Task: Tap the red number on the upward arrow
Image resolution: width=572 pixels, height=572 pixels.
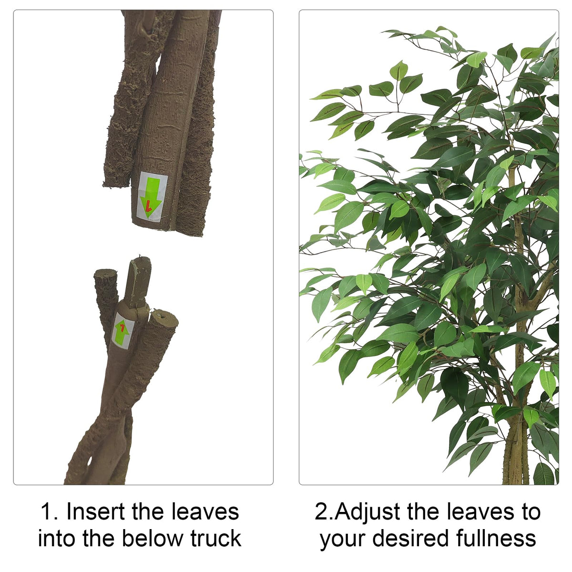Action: [x=122, y=327]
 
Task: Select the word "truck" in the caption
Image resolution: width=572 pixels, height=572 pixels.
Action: [x=216, y=539]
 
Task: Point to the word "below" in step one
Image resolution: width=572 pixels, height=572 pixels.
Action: [x=152, y=539]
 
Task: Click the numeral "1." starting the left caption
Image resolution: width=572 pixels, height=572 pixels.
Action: [x=49, y=512]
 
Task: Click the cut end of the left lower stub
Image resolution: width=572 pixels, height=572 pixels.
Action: [x=105, y=273]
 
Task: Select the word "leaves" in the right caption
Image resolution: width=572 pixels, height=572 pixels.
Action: [x=480, y=512]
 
